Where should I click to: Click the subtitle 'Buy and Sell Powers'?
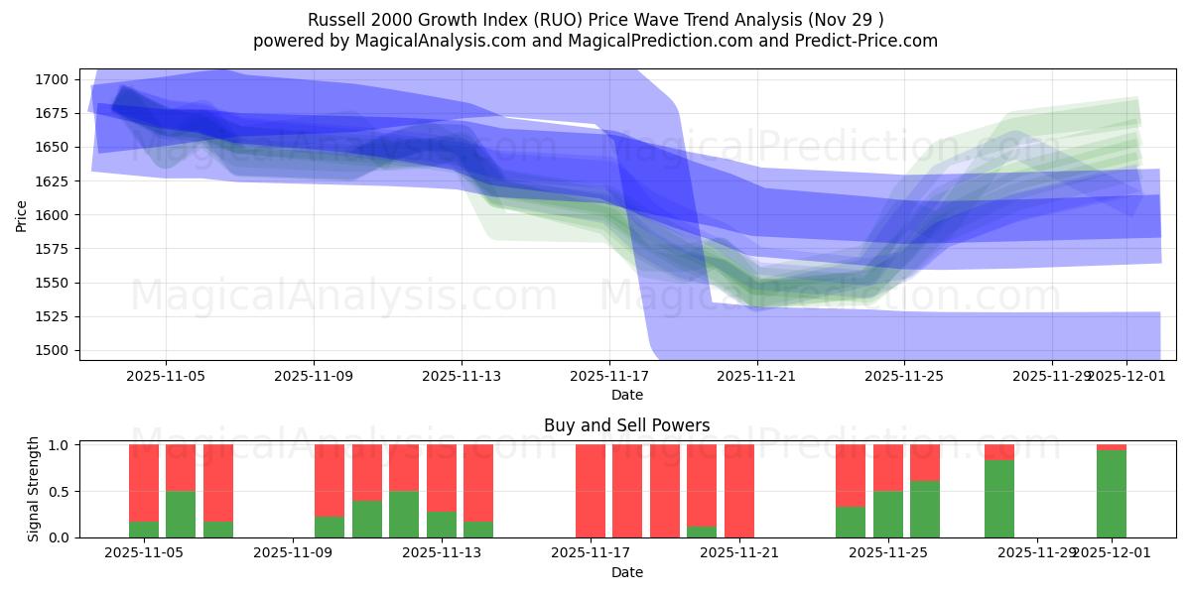626,425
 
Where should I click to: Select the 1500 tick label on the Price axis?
55,350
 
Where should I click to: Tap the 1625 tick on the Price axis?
55,181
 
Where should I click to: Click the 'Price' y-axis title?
22,214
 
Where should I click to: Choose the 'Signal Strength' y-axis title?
34,489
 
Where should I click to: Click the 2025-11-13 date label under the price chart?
462,377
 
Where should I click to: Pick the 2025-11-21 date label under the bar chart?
740,553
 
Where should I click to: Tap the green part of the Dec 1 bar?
1112,494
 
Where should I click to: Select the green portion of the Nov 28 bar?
999,499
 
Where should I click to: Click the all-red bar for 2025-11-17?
591,491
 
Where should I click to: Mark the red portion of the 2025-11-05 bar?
144,482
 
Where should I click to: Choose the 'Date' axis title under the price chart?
626,395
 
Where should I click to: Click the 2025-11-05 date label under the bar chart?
144,553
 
